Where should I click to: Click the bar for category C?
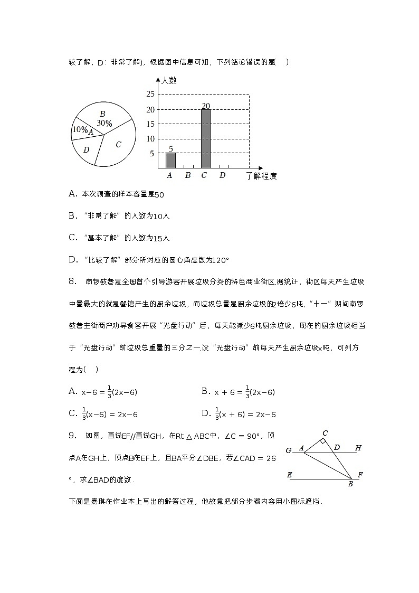pos(206,138)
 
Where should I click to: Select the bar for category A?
pos(170,160)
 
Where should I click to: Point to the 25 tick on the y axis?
pos(150,95)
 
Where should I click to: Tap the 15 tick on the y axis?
pos(150,124)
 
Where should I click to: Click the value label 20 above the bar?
pos(206,106)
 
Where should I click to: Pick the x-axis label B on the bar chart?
pos(187,175)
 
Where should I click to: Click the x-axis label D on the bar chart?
pos(222,175)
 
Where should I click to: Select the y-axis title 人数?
pos(169,81)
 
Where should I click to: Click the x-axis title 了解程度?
pos(261,176)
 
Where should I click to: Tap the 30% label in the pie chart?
pos(104,123)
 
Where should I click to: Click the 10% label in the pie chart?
pos(80,129)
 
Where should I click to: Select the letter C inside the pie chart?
pos(119,144)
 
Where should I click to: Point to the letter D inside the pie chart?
pos(86,149)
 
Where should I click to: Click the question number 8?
pos(73,281)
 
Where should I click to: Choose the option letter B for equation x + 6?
pos(205,391)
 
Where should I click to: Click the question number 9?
pos(73,436)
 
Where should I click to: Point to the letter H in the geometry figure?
pos(358,448)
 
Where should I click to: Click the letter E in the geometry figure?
pos(289,475)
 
